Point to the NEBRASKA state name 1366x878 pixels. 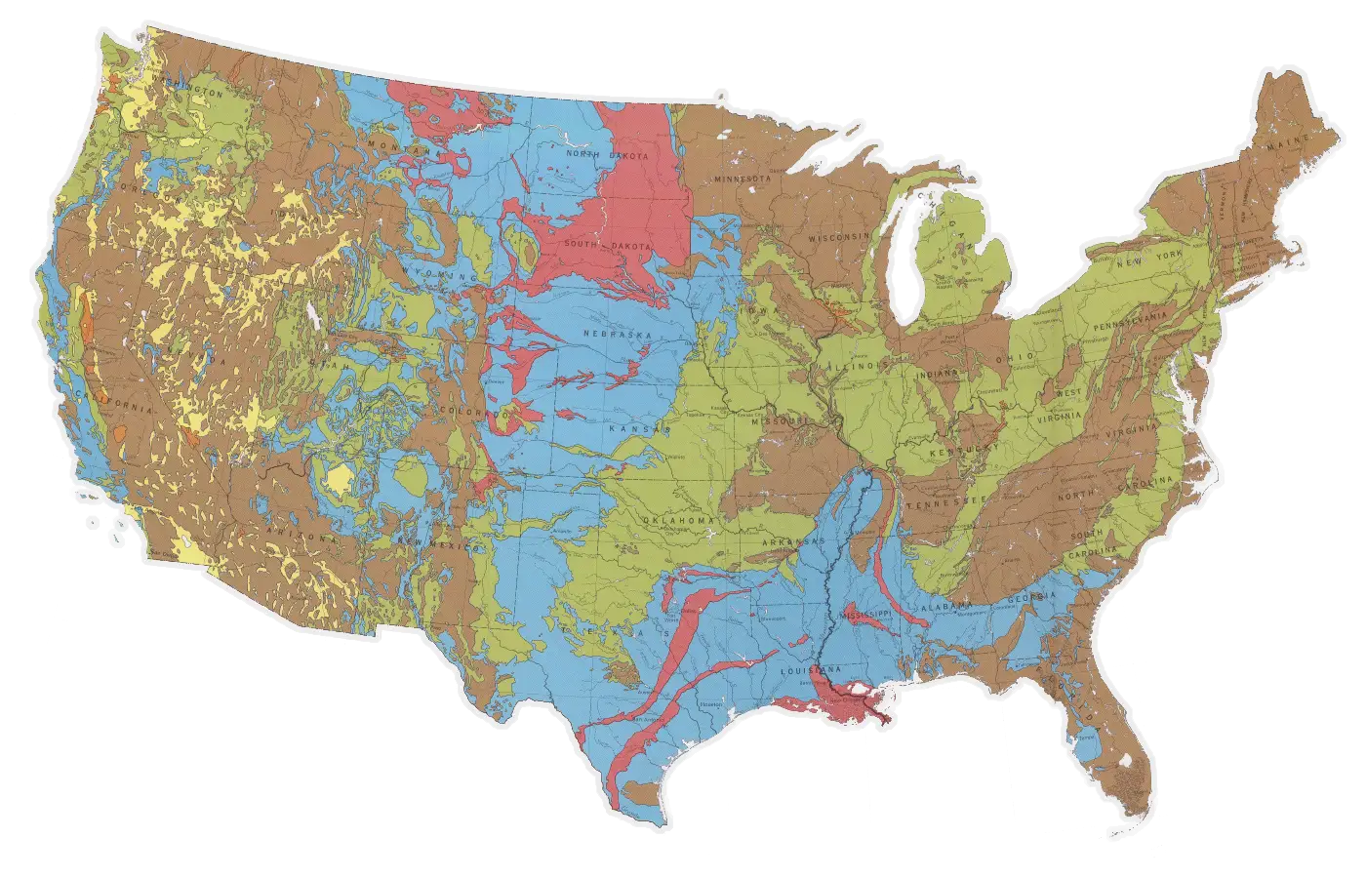[x=617, y=335]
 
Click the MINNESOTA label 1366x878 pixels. [x=743, y=180]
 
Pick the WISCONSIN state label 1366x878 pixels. [x=837, y=237]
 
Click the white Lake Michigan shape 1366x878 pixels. [x=911, y=263]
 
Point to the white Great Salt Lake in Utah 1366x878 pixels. [x=313, y=314]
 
